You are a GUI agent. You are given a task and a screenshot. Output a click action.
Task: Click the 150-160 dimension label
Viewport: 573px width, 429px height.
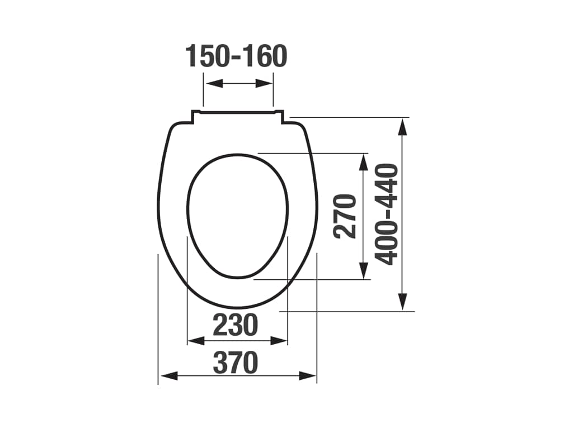[x=237, y=56]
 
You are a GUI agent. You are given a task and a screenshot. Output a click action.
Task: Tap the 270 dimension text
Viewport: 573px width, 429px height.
[x=344, y=216]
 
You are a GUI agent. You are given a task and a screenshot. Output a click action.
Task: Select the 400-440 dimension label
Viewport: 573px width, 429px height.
[x=386, y=214]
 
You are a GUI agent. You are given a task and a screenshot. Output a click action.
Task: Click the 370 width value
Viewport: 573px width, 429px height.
[x=236, y=363]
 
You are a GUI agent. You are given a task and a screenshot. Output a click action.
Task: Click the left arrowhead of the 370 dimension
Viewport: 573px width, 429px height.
[x=170, y=376]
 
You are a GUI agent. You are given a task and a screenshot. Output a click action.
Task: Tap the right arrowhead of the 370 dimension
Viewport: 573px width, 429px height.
[x=307, y=376]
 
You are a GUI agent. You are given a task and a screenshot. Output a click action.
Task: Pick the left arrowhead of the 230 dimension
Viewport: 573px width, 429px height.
[x=196, y=341]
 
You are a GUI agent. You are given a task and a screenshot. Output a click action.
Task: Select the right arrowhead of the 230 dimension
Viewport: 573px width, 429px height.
[x=279, y=341]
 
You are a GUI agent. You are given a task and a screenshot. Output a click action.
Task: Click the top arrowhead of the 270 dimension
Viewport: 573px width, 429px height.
[x=363, y=162]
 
